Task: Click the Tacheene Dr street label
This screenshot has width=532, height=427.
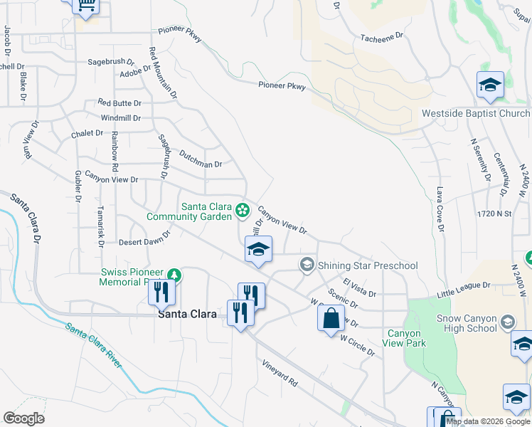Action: tap(381, 35)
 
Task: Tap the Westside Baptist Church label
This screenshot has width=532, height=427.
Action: tap(476, 114)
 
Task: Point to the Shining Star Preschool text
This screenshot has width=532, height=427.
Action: tap(368, 266)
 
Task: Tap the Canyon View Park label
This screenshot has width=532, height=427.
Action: tap(404, 338)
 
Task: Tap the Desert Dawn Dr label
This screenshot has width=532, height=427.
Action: tap(145, 238)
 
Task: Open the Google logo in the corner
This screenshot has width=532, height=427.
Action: tap(23, 418)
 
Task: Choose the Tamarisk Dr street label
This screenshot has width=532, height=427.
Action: tap(101, 227)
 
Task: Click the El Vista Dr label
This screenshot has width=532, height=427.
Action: tap(359, 288)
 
